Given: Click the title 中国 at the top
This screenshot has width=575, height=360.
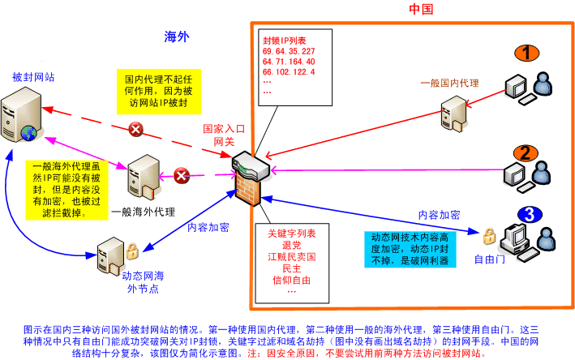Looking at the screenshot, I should point(421,10).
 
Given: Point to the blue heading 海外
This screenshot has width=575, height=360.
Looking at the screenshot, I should point(175,36).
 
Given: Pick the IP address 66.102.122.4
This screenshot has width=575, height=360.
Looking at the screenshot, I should point(289,73).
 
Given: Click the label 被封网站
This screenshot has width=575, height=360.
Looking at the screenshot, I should point(28,77).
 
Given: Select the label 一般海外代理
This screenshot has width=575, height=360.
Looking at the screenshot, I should point(143,209).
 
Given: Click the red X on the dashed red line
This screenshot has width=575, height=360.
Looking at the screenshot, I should point(136,128).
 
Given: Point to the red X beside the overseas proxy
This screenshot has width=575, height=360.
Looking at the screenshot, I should point(183,174).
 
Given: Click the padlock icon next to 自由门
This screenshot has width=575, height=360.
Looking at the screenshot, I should point(489,237).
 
